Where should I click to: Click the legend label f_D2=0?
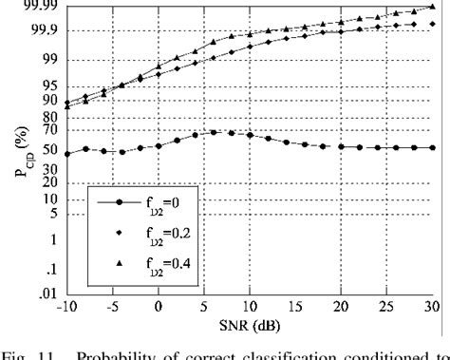(x=178, y=203)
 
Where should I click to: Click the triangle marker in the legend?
(x=119, y=264)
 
